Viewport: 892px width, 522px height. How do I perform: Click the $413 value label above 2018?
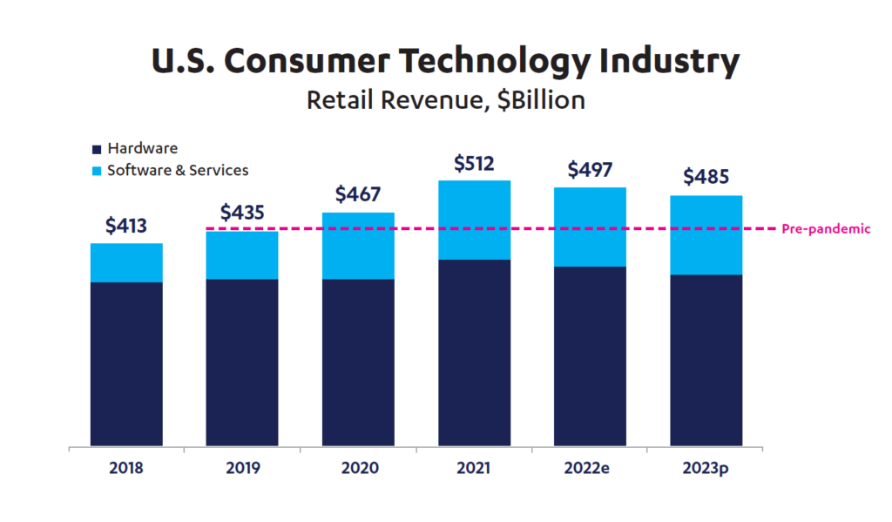[126, 226]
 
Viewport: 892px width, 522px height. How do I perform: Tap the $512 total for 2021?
[474, 163]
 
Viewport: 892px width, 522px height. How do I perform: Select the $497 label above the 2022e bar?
[590, 170]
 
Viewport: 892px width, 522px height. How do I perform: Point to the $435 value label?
[242, 213]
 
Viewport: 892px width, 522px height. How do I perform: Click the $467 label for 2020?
[358, 194]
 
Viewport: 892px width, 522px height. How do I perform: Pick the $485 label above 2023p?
[706, 177]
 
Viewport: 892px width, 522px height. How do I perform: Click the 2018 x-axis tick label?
[126, 468]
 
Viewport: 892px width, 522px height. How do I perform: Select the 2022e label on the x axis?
[590, 468]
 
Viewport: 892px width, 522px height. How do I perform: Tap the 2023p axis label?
[706, 468]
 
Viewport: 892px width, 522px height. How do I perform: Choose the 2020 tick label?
[358, 468]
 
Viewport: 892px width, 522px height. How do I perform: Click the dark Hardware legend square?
[96, 149]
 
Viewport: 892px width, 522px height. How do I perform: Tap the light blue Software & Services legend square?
[96, 171]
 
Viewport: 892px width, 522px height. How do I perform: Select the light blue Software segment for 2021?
[474, 220]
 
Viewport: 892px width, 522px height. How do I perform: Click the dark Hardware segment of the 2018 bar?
[126, 364]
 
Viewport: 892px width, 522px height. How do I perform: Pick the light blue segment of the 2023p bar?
[706, 235]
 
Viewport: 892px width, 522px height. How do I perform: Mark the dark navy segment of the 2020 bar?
[358, 363]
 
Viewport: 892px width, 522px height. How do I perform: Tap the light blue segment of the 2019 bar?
[242, 255]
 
